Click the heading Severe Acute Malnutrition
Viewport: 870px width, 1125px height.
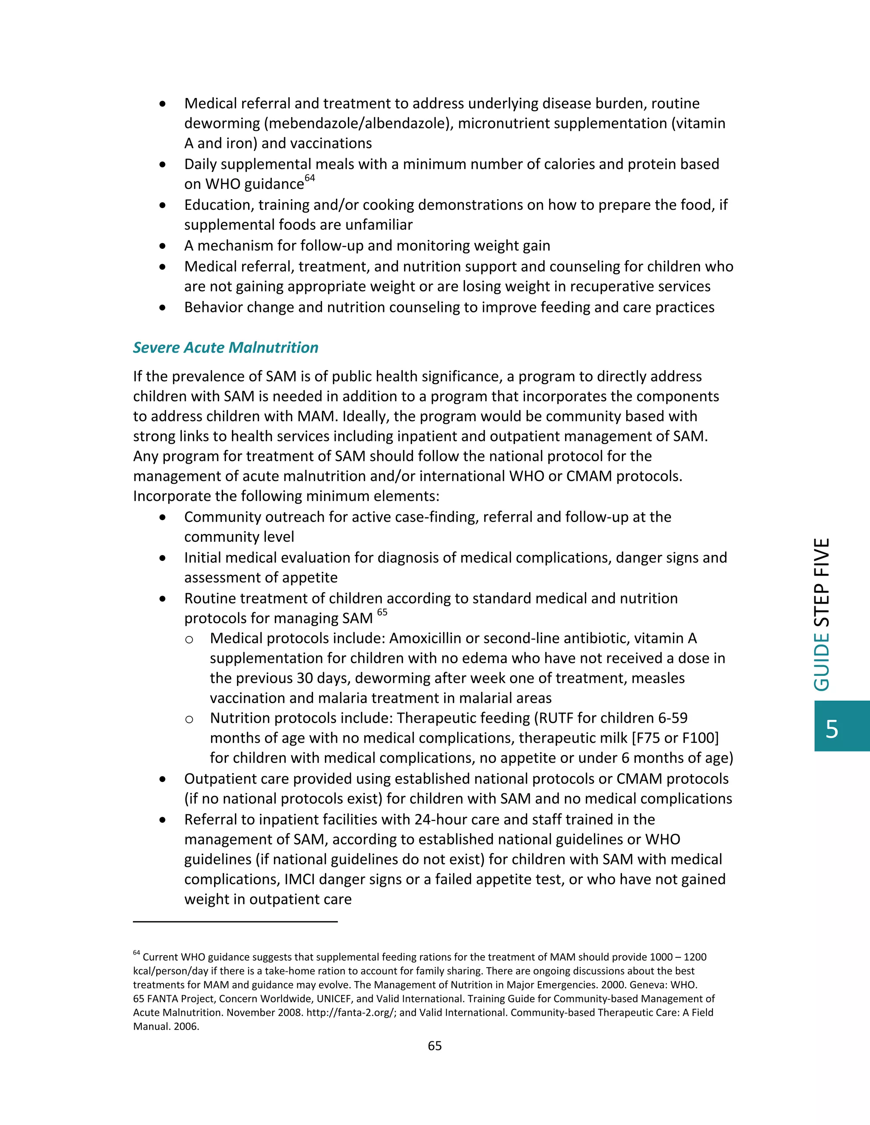[x=225, y=348]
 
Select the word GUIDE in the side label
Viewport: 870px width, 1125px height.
[x=822, y=661]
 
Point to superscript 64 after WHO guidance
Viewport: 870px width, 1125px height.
[x=309, y=178]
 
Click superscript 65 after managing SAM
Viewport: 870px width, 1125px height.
[x=382, y=613]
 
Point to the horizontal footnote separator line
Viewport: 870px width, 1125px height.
[x=235, y=922]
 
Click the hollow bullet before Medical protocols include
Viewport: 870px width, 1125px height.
[x=189, y=640]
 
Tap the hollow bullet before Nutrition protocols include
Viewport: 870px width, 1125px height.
[x=189, y=720]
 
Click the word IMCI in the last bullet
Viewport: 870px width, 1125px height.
[x=300, y=879]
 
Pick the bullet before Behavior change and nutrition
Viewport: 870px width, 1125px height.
[x=163, y=308]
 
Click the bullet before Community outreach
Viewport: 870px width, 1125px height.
[x=163, y=517]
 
